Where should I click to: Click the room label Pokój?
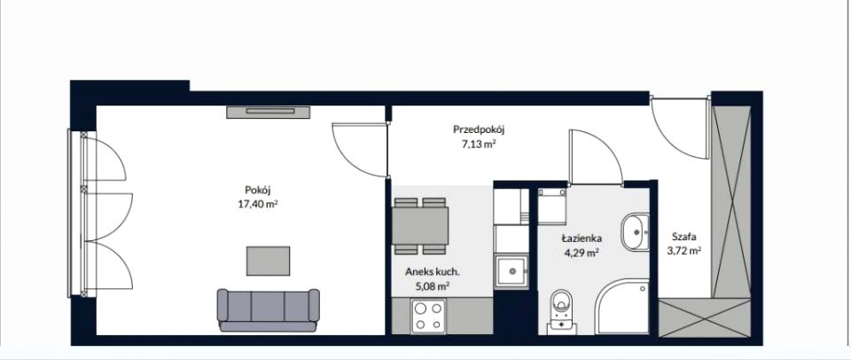tap(258, 191)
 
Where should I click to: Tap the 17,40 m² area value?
tap(258, 204)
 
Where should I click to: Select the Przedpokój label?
tap(480, 129)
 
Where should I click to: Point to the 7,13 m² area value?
tap(480, 144)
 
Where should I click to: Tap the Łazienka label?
tap(582, 239)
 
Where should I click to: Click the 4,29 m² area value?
tap(582, 252)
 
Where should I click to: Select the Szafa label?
tap(683, 237)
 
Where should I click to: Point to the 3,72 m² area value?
tap(683, 251)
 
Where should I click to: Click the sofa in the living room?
tap(268, 309)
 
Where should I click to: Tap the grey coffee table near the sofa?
tap(268, 261)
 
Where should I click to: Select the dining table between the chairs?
tap(420, 226)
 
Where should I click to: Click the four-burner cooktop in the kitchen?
tap(429, 316)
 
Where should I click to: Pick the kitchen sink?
tap(511, 271)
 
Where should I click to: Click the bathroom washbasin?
tap(636, 231)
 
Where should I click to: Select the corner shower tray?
tap(622, 307)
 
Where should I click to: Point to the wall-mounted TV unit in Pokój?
tap(269, 112)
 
